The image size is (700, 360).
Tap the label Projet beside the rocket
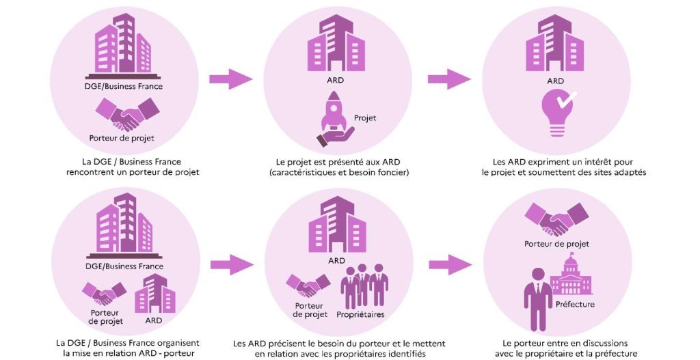tap(364, 117)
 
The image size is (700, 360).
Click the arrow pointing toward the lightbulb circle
tap(449, 79)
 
